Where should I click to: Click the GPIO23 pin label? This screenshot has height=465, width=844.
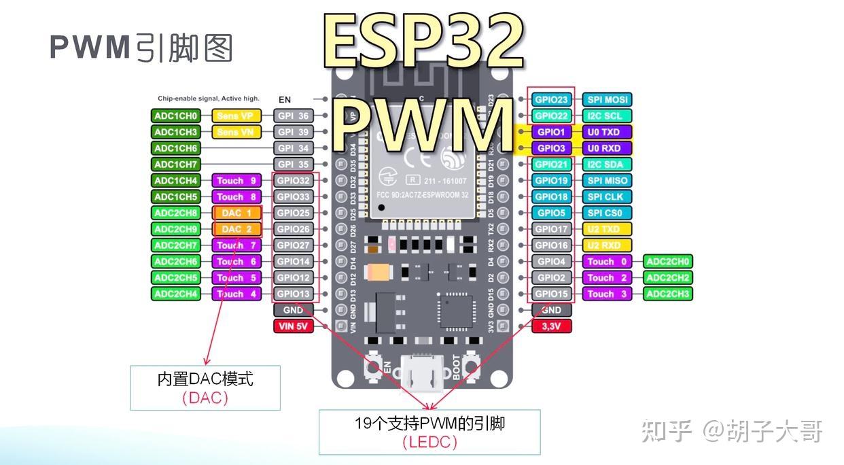[551, 99]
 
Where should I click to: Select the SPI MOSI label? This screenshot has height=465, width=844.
[607, 99]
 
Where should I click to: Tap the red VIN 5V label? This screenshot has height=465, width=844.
[293, 326]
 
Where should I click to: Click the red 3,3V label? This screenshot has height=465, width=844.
[551, 326]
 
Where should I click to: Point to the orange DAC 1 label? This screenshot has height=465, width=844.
[236, 213]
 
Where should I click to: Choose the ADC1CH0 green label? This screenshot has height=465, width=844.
[175, 116]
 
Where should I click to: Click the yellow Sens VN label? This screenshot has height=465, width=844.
[236, 132]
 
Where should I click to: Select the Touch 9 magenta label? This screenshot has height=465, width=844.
[236, 181]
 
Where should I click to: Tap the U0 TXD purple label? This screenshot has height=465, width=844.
[607, 132]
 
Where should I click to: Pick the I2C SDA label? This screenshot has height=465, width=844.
[607, 165]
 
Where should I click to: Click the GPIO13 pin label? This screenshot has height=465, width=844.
[293, 294]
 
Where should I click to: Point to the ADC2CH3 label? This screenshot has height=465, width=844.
[668, 294]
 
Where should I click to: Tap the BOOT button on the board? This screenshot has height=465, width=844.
[470, 367]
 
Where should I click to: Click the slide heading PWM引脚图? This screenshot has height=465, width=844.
[141, 47]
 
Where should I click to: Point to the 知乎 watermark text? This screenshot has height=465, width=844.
[667, 431]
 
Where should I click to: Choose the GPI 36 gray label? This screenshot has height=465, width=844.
[293, 116]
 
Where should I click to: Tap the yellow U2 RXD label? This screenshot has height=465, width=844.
[607, 245]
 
